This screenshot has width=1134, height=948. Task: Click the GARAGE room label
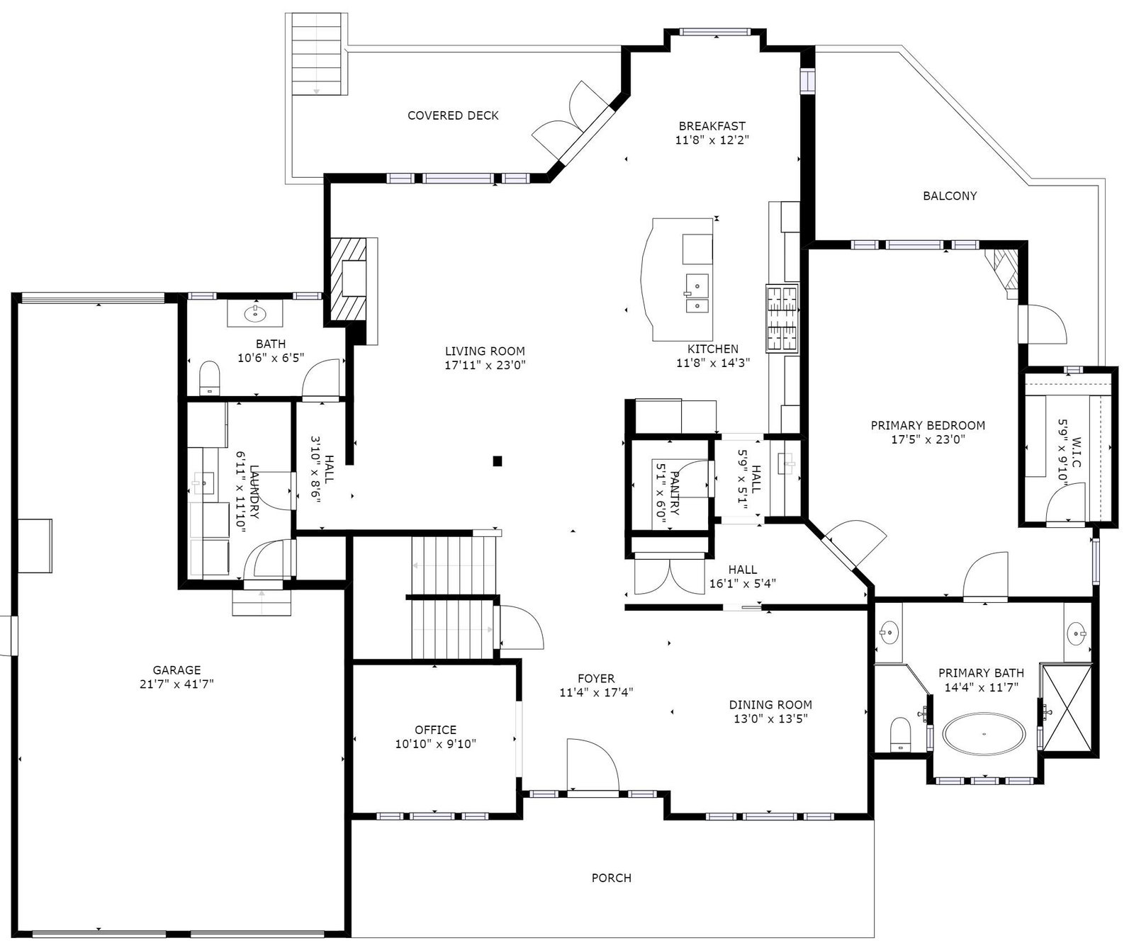point(176,670)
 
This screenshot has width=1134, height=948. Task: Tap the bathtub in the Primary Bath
point(984,733)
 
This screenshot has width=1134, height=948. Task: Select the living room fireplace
point(351,279)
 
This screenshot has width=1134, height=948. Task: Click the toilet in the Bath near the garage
point(209,377)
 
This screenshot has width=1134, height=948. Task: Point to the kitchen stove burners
point(782,318)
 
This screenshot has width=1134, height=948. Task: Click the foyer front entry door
point(593,766)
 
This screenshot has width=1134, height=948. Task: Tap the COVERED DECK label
point(453,115)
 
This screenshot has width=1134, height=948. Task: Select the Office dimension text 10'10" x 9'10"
point(435,744)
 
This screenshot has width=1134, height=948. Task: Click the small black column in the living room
point(498,461)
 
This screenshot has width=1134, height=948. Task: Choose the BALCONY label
point(950,196)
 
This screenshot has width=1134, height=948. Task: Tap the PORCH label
point(611,878)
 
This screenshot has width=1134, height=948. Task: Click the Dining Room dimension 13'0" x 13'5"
point(770,718)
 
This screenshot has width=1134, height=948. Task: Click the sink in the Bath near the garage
point(254,312)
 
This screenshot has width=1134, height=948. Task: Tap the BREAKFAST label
point(712,126)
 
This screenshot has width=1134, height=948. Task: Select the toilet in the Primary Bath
point(899,733)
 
